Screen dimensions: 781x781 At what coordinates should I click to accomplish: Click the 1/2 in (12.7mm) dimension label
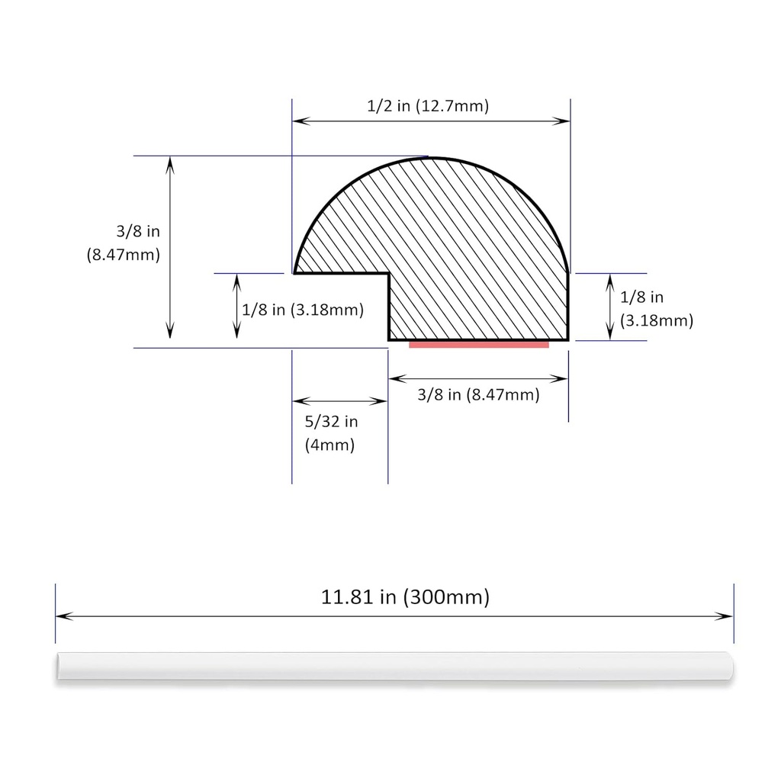(x=427, y=106)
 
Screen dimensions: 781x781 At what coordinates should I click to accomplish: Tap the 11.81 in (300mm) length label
(x=405, y=596)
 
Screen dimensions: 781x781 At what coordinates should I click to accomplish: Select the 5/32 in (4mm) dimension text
(x=330, y=432)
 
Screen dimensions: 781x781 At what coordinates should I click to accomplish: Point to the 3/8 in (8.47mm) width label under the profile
(x=478, y=394)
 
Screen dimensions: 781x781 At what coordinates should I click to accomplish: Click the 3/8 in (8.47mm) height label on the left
(x=123, y=243)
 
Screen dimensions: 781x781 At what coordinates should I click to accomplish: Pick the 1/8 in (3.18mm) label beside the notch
(x=302, y=310)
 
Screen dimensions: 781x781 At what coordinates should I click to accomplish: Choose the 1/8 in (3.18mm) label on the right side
(x=657, y=309)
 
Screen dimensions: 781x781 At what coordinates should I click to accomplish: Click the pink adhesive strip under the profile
(x=479, y=345)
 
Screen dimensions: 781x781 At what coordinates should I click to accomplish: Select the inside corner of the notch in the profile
(x=389, y=273)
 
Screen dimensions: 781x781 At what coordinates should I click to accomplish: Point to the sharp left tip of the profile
(x=295, y=272)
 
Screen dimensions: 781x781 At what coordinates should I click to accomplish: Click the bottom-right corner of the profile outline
(x=568, y=339)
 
